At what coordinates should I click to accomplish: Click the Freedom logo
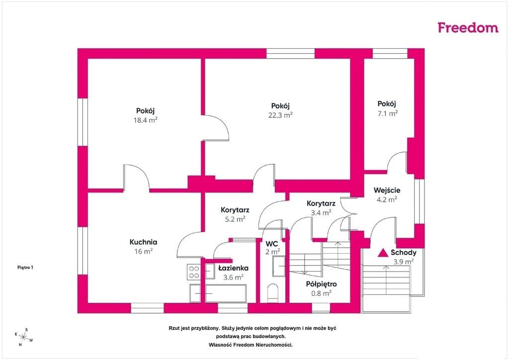click(x=468, y=27)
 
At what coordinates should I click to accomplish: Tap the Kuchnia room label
click(x=143, y=242)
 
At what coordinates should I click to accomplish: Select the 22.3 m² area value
click(x=280, y=115)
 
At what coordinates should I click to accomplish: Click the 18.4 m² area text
click(x=146, y=120)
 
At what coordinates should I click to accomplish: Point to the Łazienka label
click(x=233, y=268)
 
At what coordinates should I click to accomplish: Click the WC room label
click(x=272, y=244)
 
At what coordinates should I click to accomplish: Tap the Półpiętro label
click(x=322, y=284)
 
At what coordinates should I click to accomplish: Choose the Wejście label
click(x=387, y=190)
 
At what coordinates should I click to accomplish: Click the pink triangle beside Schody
click(x=383, y=253)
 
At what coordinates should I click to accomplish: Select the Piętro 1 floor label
click(x=25, y=268)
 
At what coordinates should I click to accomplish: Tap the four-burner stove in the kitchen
click(x=194, y=272)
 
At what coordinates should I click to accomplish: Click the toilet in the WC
click(x=273, y=292)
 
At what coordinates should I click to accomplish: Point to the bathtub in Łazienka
click(x=226, y=293)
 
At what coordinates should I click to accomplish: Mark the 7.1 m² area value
click(x=387, y=113)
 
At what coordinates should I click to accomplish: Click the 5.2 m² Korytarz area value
click(x=235, y=219)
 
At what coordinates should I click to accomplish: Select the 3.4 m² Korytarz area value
click(x=321, y=213)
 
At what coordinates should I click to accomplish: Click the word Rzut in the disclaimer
click(x=174, y=328)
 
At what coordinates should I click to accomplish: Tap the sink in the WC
click(x=279, y=266)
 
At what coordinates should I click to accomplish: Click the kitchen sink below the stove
click(x=195, y=293)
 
